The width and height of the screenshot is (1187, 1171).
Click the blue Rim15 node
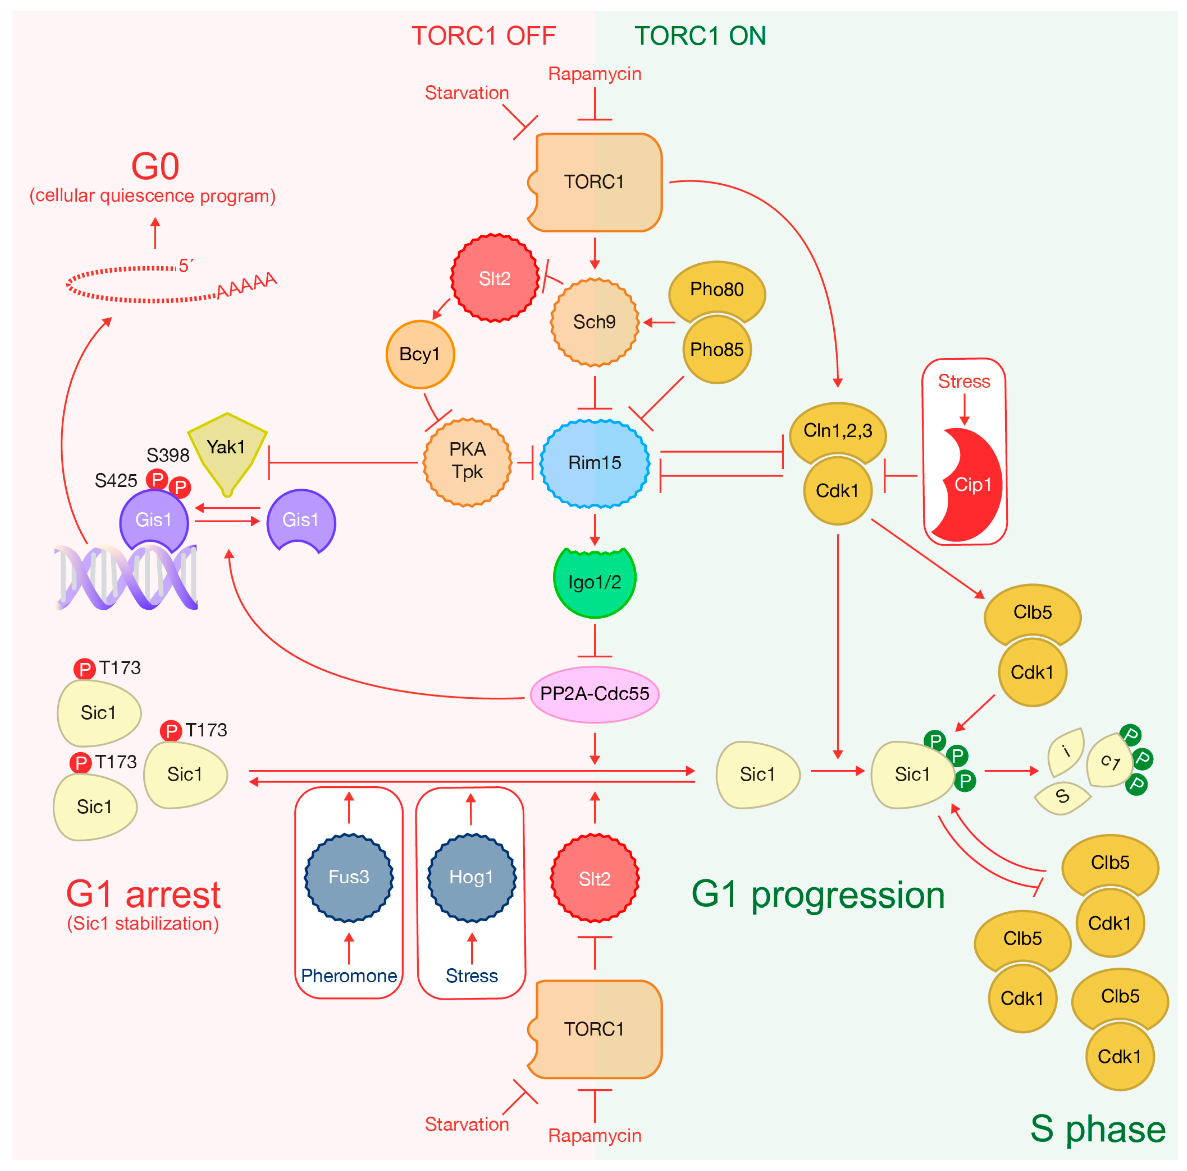594,463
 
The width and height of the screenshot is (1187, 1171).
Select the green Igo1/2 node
594,581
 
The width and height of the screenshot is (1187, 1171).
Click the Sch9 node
594,322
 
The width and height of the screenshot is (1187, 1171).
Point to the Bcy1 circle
420,354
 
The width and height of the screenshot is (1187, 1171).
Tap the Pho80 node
716,289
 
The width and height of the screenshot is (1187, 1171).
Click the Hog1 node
471,877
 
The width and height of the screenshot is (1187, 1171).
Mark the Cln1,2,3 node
838,431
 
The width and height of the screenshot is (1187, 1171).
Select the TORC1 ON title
700,35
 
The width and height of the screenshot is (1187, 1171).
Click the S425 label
115,480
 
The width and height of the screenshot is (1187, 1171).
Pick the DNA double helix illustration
126,577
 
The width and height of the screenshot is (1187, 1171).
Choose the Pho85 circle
716,349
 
